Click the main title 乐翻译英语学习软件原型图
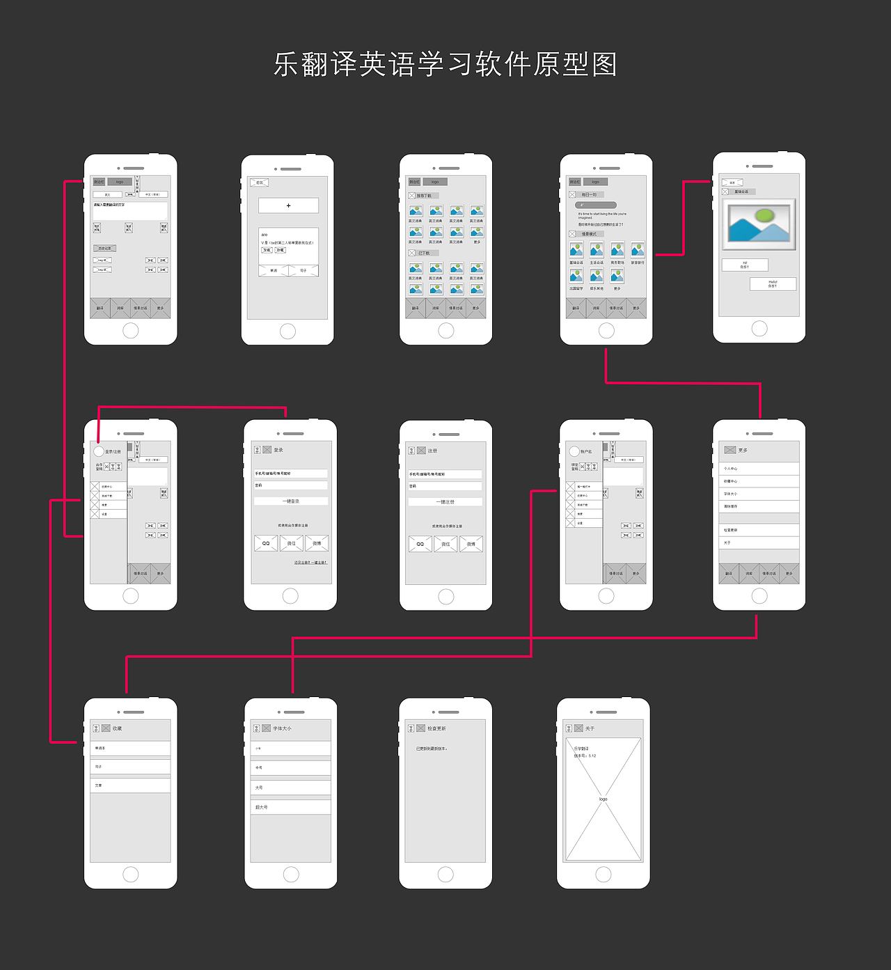pyautogui.click(x=445, y=65)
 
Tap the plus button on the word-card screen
pyautogui.click(x=288, y=205)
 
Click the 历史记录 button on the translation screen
pyautogui.click(x=104, y=248)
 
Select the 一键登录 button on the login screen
pyautogui.click(x=290, y=501)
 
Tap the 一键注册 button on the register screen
pyautogui.click(x=445, y=502)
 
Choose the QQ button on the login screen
pyautogui.click(x=266, y=543)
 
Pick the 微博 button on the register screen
pyautogui.click(x=471, y=544)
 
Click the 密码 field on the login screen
pyautogui.click(x=290, y=485)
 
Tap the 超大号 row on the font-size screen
pyautogui.click(x=290, y=807)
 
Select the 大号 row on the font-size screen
pyautogui.click(x=290, y=788)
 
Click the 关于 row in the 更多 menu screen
pyautogui.click(x=759, y=542)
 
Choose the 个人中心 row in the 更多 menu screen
pyautogui.click(x=759, y=469)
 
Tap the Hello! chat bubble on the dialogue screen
pyautogui.click(x=773, y=283)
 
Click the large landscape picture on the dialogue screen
pyautogui.click(x=759, y=225)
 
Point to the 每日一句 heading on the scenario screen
pyautogui.click(x=590, y=195)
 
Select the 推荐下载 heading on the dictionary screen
pyautogui.click(x=424, y=196)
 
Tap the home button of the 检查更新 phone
pyautogui.click(x=445, y=875)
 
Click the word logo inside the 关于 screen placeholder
pyautogui.click(x=603, y=799)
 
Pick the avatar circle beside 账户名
pyautogui.click(x=574, y=451)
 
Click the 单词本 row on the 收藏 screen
pyautogui.click(x=130, y=749)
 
